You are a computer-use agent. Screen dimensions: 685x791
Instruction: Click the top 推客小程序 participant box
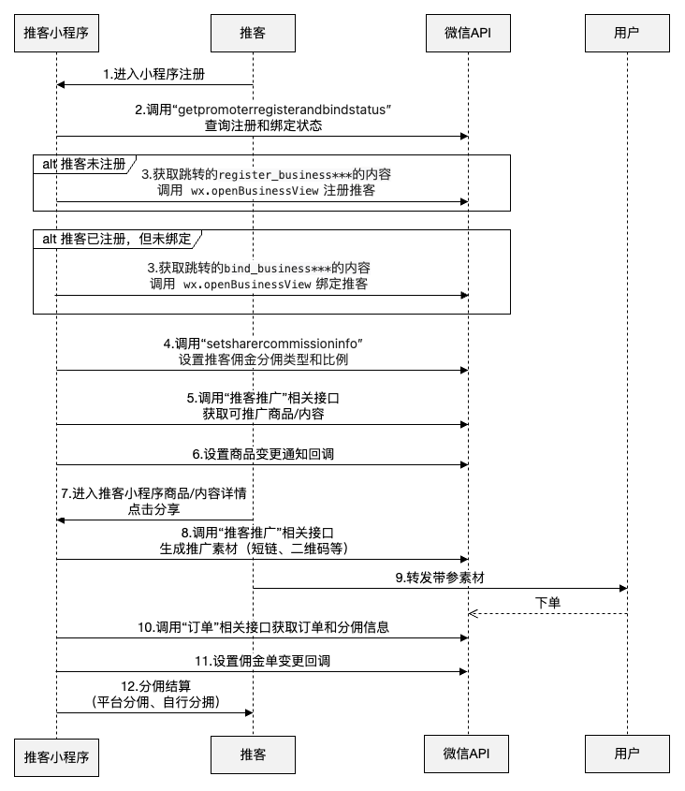pos(56,34)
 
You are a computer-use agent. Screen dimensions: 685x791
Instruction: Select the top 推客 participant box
pos(253,34)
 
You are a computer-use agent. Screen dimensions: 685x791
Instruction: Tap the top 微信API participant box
pos(468,34)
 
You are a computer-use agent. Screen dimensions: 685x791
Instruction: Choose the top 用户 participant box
pos(627,34)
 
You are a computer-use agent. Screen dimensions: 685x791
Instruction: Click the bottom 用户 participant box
pos(627,754)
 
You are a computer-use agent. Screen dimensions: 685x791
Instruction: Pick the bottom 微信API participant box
pos(466,754)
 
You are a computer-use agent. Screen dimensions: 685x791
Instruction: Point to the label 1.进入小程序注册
pos(153,74)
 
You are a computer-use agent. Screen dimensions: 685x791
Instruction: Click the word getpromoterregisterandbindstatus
pos(283,110)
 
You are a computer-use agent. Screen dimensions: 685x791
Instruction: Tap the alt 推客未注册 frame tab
pos(85,164)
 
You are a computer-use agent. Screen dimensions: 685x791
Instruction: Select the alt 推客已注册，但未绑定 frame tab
pos(117,239)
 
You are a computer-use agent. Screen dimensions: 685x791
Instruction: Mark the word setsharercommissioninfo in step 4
pos(282,344)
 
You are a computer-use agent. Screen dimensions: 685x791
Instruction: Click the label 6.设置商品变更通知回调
pos(263,454)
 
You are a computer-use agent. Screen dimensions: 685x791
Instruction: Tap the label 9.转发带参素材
pos(439,578)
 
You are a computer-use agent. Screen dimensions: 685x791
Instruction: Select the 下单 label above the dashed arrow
pos(547,603)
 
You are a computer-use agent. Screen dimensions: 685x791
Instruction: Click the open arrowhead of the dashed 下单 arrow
pos(473,613)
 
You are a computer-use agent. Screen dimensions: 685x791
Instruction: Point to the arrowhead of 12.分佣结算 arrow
pos(249,712)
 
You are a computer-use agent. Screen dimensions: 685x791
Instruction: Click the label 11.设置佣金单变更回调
pos(262,661)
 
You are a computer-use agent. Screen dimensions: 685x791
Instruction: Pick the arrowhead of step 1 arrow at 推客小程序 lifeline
pos(61,85)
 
